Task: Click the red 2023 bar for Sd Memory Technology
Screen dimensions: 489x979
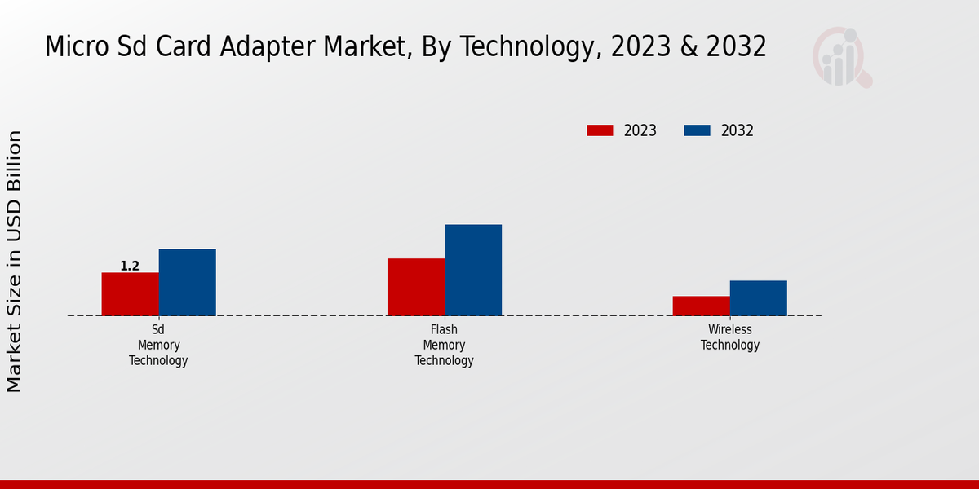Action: click(130, 294)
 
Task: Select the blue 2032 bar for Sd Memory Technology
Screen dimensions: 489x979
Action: click(187, 282)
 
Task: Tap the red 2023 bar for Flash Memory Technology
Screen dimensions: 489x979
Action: click(416, 287)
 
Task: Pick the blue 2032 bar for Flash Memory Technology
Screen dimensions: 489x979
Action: click(473, 270)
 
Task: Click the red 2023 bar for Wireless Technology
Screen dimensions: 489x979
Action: click(702, 306)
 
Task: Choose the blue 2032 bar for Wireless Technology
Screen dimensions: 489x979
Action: click(759, 298)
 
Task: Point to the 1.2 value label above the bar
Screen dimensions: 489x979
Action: click(130, 267)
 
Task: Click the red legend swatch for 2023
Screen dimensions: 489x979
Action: click(600, 130)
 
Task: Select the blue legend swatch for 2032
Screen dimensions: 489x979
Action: click(697, 130)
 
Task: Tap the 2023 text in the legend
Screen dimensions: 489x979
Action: click(640, 130)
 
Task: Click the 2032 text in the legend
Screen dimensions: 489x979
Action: click(738, 130)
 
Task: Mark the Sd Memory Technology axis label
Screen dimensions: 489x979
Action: click(158, 345)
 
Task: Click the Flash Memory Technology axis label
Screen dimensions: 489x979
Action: click(444, 345)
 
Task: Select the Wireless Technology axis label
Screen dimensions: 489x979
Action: click(730, 337)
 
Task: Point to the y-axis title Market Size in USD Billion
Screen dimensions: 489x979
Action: click(15, 261)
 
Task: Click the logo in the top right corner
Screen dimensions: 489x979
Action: click(841, 57)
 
